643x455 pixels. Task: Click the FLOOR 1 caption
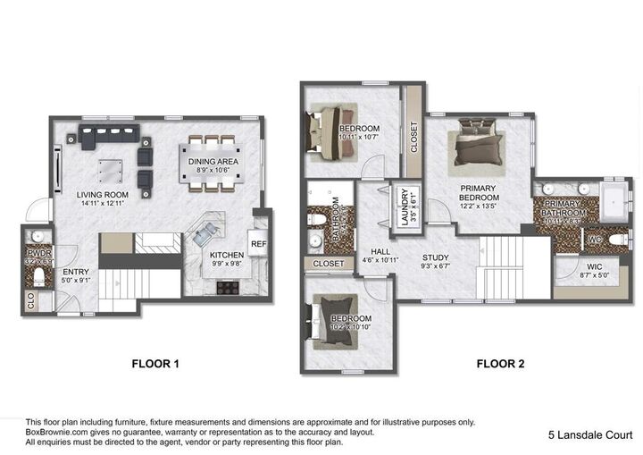coord(155,364)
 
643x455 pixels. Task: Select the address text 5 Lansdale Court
coord(590,435)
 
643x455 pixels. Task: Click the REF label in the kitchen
coord(258,243)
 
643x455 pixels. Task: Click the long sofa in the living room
coord(109,137)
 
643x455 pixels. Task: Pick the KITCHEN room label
coord(226,254)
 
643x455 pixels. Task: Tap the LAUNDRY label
coord(404,206)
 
